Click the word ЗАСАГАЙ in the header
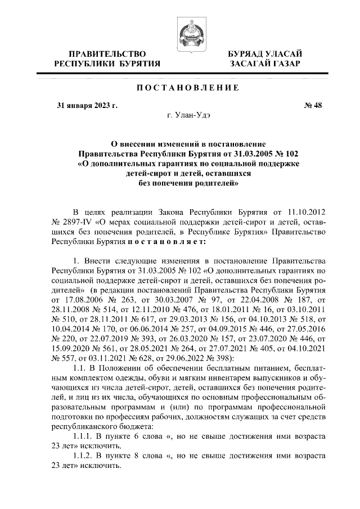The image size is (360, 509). [250, 64]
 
